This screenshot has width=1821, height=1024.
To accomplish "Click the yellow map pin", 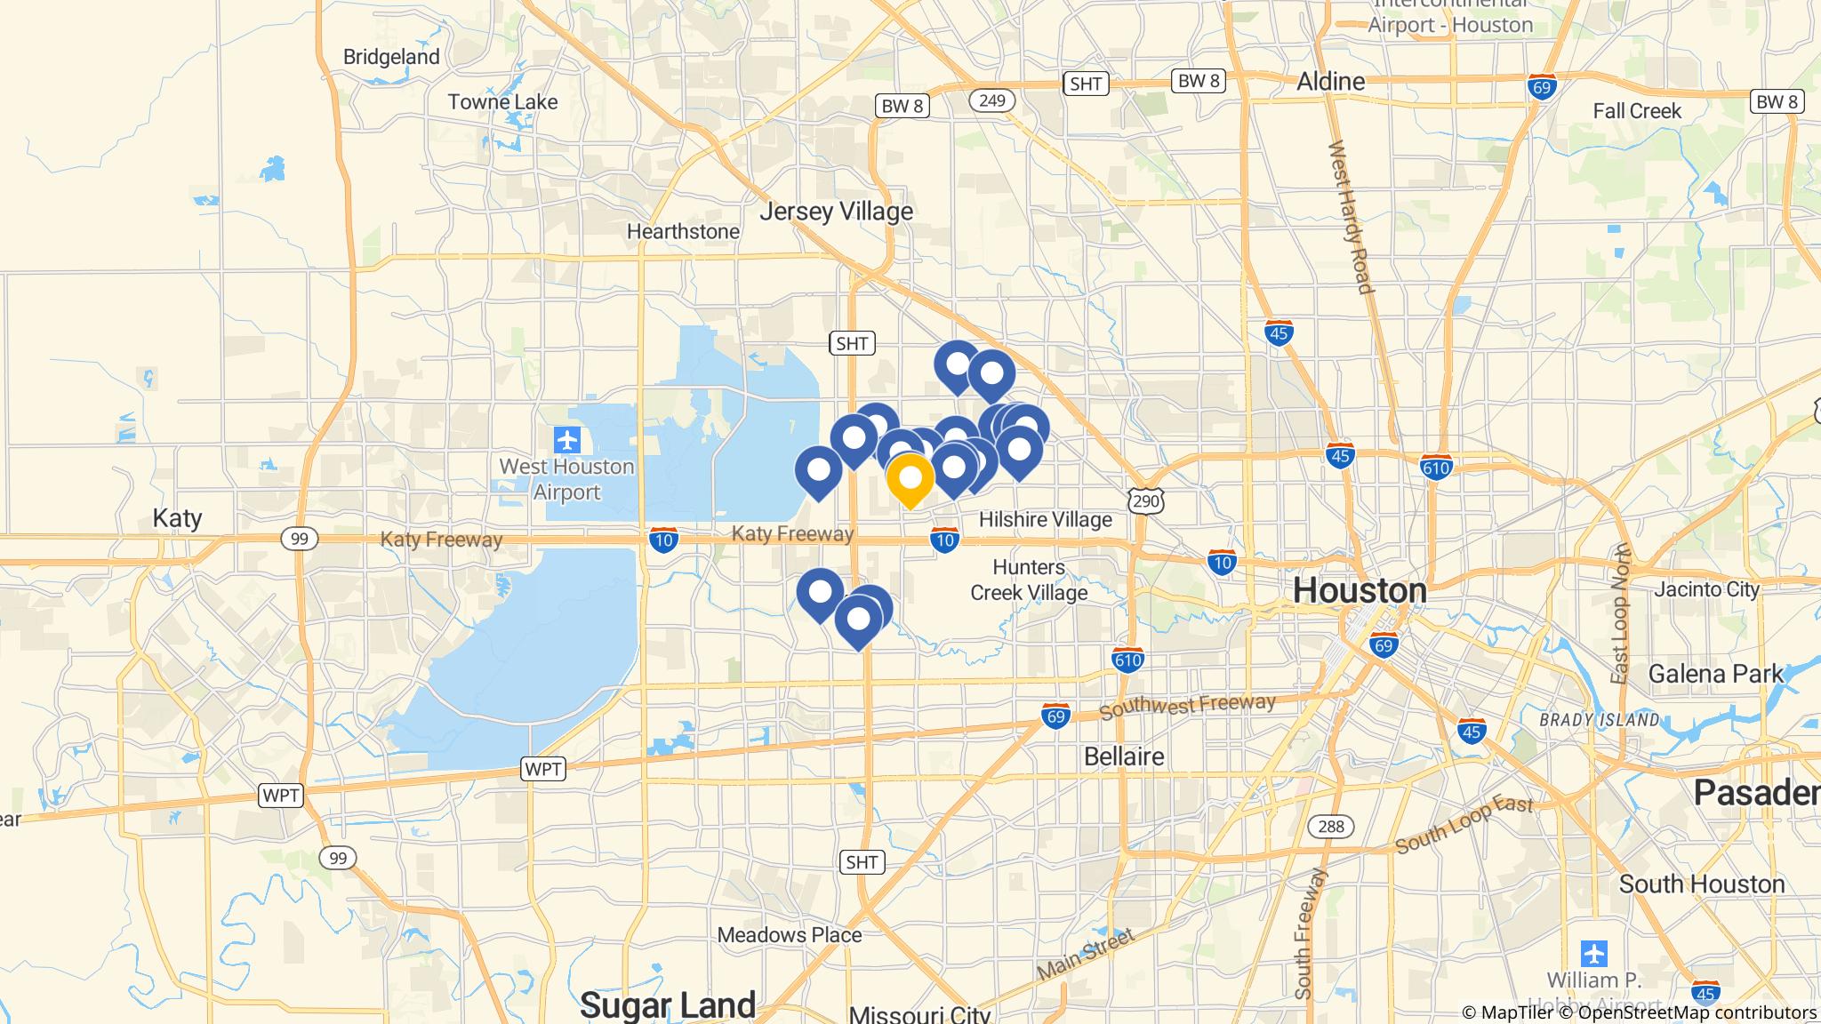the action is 910,479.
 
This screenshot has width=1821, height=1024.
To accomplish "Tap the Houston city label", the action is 1360,589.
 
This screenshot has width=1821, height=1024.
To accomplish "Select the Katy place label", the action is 177,518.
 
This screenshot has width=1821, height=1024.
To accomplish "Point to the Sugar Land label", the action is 668,1004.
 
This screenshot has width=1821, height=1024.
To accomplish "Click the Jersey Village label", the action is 836,212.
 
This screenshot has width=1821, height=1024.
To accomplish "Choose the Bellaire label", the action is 1124,756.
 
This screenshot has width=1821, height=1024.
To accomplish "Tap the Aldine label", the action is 1330,82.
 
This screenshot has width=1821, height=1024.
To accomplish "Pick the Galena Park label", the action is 1715,674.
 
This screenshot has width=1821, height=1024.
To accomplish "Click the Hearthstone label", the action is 683,232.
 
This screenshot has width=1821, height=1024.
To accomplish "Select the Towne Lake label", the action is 502,102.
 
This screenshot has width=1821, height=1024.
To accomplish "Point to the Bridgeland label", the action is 391,57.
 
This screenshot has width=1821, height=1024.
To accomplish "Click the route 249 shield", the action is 991,100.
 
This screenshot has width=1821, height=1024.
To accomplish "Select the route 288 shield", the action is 1331,827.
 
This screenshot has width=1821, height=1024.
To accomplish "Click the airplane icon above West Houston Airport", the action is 567,439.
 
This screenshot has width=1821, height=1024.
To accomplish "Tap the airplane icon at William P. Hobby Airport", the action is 1594,954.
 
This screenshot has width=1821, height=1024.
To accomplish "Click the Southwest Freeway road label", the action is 1187,707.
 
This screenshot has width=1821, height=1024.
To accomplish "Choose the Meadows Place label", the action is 790,935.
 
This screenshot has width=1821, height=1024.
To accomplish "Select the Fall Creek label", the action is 1637,111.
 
